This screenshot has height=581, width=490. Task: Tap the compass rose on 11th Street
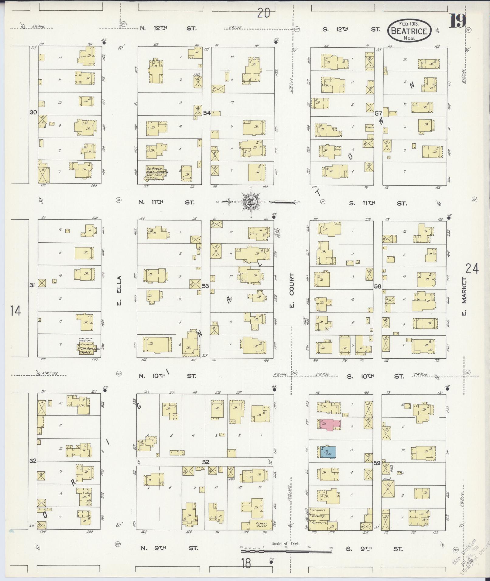tap(251, 201)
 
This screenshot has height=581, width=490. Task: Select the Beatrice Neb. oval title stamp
tap(409, 30)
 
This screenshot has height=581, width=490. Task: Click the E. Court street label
tap(292, 290)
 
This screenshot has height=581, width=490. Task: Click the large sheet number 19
tap(457, 21)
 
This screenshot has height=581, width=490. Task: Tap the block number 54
tap(207, 113)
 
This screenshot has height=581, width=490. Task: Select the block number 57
tap(378, 114)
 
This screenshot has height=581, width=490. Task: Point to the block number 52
tap(206, 462)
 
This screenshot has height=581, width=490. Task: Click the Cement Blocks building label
tap(261, 524)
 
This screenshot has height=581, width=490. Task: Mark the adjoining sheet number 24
tap(472, 269)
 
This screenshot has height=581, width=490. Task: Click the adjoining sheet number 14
tap(15, 311)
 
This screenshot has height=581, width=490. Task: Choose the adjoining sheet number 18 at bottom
tap(246, 563)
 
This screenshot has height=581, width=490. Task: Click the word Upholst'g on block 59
tap(318, 516)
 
